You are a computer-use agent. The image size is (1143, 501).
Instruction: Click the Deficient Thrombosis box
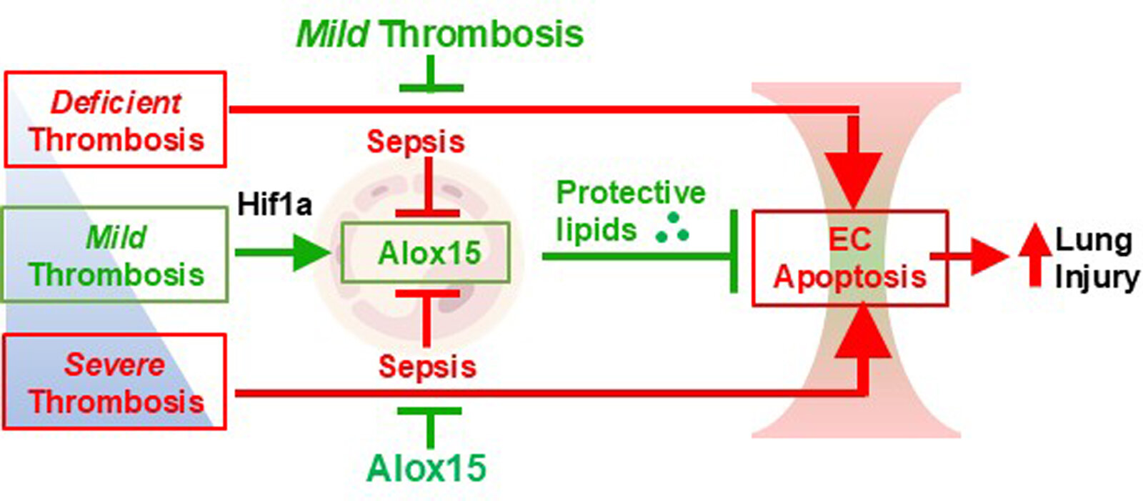[116, 119]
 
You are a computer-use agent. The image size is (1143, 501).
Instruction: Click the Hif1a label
[274, 204]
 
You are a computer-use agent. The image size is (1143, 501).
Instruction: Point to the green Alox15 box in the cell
[426, 252]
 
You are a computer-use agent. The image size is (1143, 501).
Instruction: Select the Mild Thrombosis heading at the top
[440, 34]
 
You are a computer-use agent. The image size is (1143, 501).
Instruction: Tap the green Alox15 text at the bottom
[426, 469]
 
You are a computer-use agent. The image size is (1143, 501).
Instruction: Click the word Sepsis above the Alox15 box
[415, 142]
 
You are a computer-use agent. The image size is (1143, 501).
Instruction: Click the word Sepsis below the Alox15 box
[426, 367]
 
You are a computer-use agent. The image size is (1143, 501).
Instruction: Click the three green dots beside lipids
[672, 228]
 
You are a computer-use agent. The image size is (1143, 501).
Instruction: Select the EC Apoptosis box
[849, 258]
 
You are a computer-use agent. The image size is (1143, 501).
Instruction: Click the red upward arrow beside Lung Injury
[1034, 254]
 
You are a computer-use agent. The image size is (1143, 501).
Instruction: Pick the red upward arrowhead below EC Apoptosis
[864, 333]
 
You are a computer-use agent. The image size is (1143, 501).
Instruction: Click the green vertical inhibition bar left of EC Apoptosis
[734, 252]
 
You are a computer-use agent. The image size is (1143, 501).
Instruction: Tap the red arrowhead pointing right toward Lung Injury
[989, 256]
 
